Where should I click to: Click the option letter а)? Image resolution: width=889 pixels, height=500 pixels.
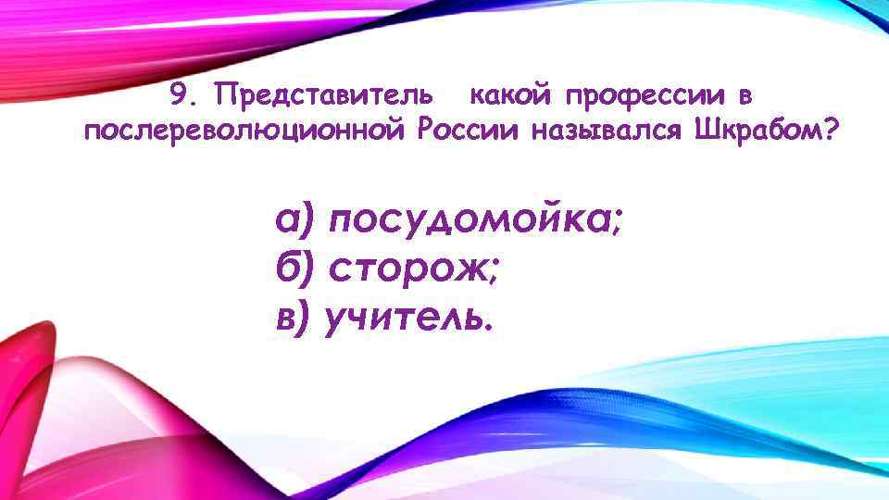click(294, 223)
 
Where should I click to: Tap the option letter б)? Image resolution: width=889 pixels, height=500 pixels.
click(294, 270)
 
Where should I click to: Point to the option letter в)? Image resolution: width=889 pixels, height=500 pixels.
click(294, 319)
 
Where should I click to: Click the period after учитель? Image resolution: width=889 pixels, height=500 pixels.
click(489, 329)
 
